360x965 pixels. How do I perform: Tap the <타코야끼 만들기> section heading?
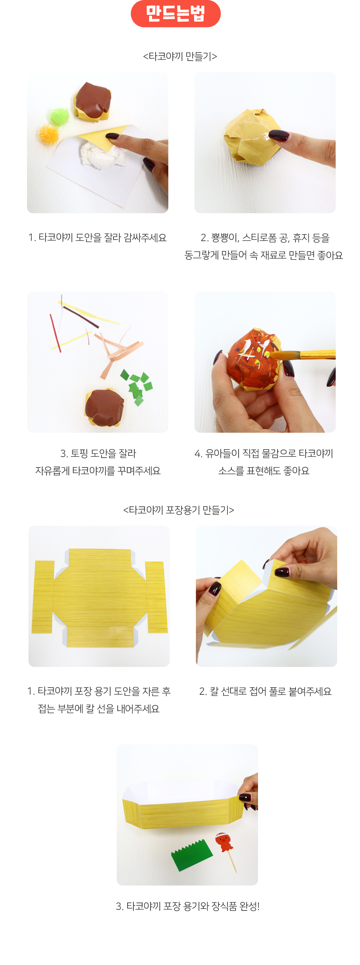tap(180, 56)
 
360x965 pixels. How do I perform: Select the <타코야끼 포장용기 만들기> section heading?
tap(179, 510)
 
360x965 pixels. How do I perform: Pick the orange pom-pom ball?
tap(48, 134)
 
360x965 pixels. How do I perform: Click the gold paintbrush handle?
tap(317, 354)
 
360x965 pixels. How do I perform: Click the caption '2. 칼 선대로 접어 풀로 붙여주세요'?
tap(265, 691)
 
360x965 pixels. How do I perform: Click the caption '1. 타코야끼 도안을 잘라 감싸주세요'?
tap(97, 238)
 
